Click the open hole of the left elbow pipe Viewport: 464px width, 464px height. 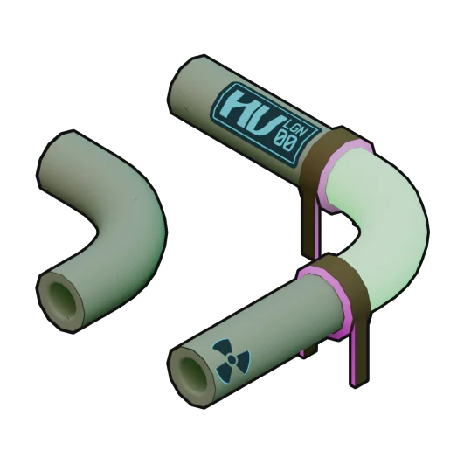coord(61,297)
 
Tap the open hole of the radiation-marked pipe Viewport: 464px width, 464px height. coord(193,371)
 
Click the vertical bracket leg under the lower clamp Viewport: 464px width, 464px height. coord(359,350)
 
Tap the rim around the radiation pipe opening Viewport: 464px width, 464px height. coord(178,376)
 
